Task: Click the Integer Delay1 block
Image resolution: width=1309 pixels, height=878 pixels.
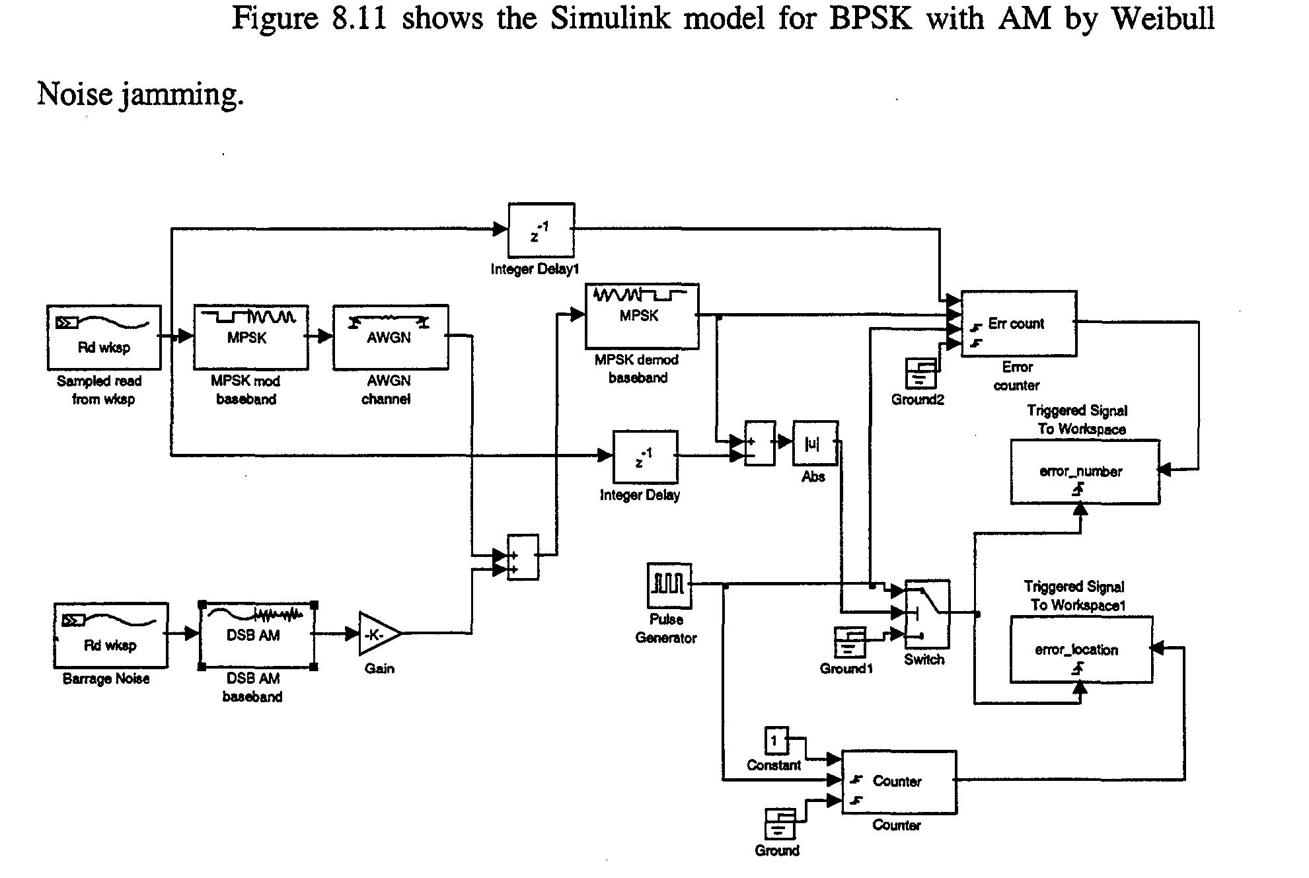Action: [x=541, y=230]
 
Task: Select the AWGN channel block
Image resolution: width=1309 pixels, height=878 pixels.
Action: [x=390, y=337]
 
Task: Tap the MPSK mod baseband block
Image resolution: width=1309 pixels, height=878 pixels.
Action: [x=250, y=337]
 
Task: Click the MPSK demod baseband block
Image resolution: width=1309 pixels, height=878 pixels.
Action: [x=641, y=316]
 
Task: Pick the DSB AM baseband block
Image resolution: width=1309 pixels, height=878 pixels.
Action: [x=257, y=635]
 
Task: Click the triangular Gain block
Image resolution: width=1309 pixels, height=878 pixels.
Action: [x=377, y=634]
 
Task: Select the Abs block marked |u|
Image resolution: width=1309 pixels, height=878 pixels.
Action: [x=815, y=443]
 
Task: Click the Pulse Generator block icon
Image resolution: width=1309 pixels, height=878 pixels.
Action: [x=669, y=585]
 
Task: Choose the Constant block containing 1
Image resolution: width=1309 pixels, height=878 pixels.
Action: [x=776, y=741]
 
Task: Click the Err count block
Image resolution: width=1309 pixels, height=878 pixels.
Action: [x=1018, y=324]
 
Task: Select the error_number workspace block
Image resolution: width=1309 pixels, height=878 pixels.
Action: [x=1084, y=472]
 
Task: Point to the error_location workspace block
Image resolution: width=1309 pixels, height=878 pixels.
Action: [x=1080, y=649]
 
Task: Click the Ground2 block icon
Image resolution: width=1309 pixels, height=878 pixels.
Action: [x=920, y=373]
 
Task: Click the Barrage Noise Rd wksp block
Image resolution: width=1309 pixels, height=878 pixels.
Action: [x=110, y=635]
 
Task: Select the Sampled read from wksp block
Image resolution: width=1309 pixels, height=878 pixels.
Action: [x=104, y=337]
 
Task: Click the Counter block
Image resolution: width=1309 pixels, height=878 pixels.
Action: [x=898, y=782]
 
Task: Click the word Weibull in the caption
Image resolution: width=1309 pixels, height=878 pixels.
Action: [x=1163, y=18]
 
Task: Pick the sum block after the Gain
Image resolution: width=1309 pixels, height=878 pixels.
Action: [x=523, y=557]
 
